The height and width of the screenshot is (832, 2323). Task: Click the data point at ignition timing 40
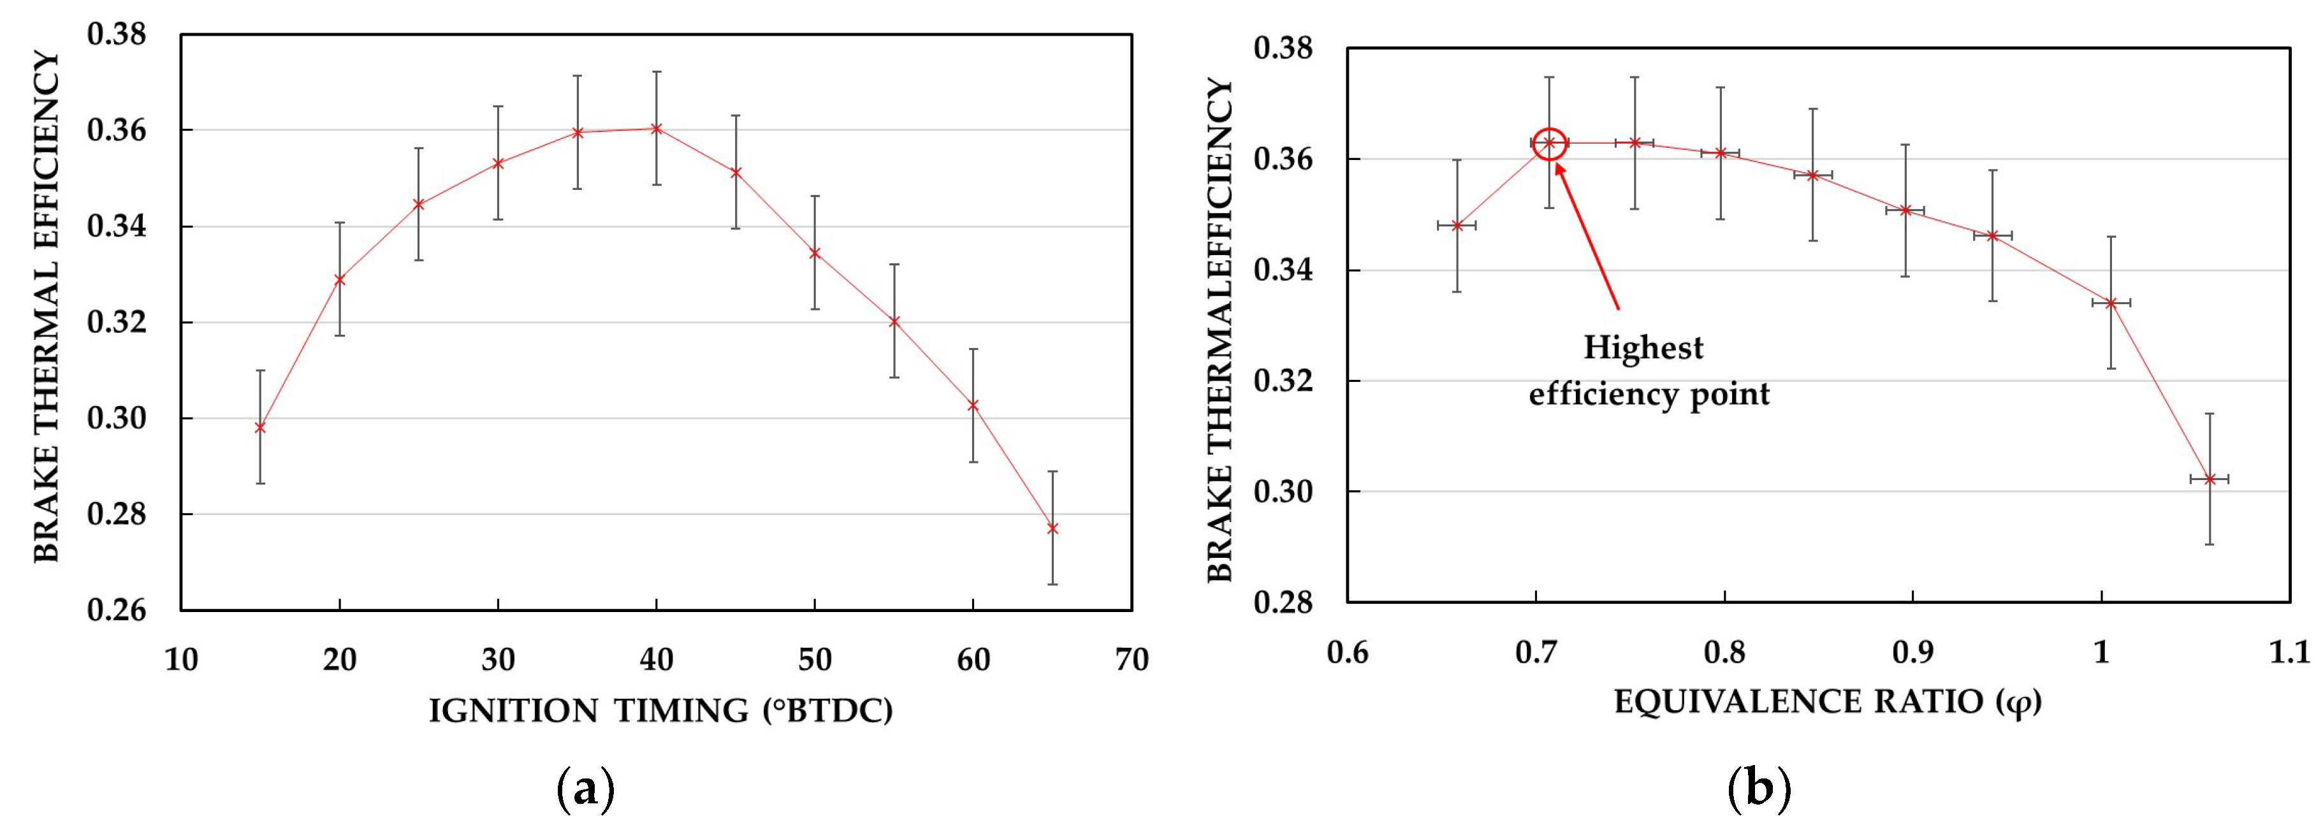click(657, 129)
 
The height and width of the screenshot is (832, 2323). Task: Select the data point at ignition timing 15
click(261, 427)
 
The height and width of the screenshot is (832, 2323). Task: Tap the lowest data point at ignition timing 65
click(1052, 529)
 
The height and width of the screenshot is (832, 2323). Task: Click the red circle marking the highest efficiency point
click(1549, 143)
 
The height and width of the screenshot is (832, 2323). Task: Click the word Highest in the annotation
click(1643, 348)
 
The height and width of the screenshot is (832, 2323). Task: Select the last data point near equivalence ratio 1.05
click(2210, 479)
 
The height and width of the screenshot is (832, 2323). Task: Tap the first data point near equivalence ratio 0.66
click(1457, 225)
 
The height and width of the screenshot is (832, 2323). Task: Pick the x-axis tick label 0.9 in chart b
click(1912, 652)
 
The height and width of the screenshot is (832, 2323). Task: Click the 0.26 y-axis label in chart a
click(116, 610)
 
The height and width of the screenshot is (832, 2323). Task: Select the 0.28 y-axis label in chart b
click(1283, 602)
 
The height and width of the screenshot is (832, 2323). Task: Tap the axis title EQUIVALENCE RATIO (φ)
click(1827, 702)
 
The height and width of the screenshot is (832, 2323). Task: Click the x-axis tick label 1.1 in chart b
click(2289, 652)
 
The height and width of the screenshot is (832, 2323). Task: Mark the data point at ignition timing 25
click(418, 204)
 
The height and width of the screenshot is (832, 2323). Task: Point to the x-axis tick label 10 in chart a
click(181, 660)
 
